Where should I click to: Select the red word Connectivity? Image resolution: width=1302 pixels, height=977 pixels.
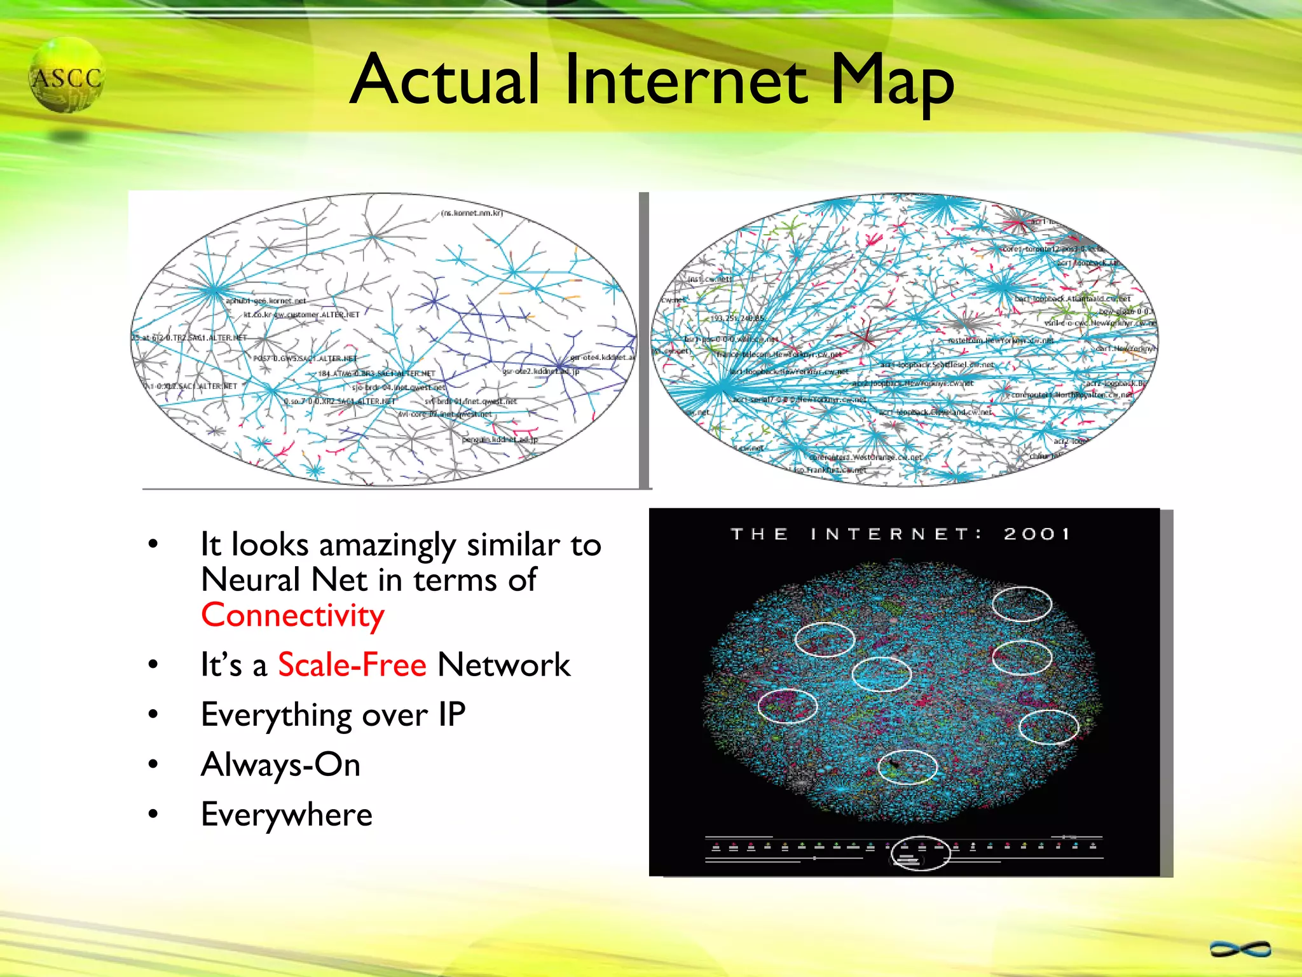pos(292,616)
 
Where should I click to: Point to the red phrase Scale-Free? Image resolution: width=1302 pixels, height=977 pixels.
pos(352,665)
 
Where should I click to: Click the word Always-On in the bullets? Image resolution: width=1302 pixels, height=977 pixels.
pos(280,765)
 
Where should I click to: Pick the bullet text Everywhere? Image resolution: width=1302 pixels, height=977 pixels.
pos(286,815)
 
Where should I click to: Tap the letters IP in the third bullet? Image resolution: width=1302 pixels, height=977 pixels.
pos(451,715)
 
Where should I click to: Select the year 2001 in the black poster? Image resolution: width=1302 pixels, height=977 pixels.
pos(1037,534)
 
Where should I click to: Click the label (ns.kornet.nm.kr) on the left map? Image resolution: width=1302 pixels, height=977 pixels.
pos(472,213)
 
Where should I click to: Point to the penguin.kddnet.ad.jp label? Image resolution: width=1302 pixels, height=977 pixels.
pos(500,440)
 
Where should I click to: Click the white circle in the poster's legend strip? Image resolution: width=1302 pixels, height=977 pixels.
pos(920,853)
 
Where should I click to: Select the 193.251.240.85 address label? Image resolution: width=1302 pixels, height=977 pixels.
pos(737,318)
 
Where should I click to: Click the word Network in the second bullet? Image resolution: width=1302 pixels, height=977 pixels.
pos(504,665)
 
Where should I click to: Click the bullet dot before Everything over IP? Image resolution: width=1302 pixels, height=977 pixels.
pos(153,714)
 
